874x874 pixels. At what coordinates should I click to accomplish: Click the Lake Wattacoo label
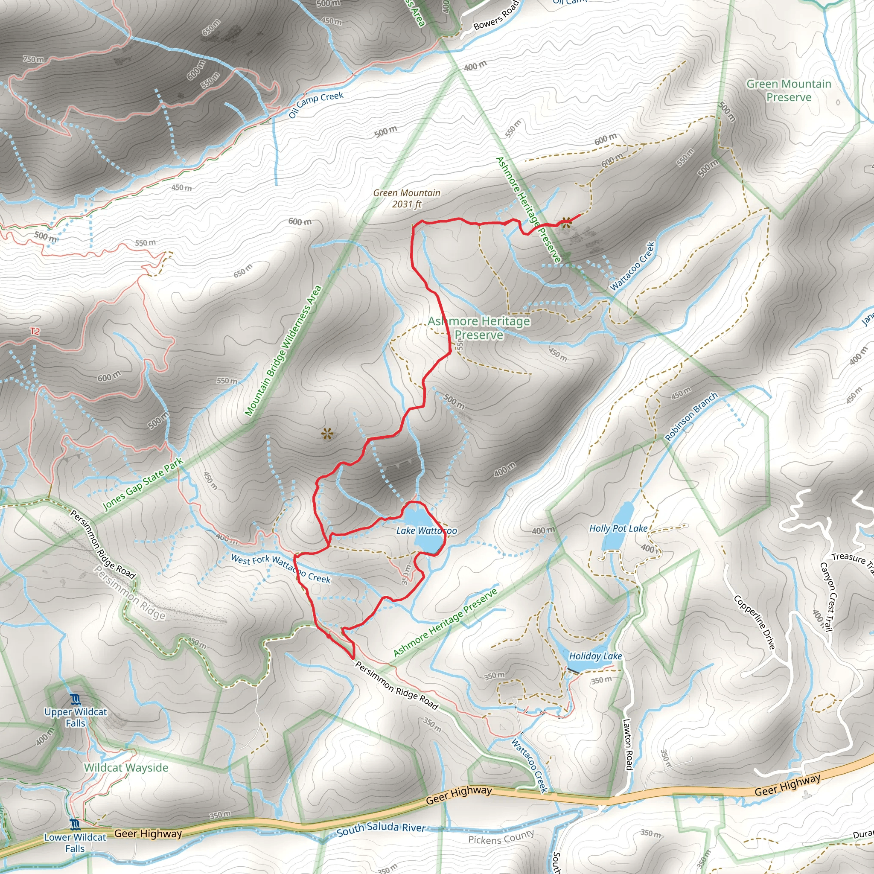pos(426,530)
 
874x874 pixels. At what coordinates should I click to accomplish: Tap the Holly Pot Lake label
pos(618,528)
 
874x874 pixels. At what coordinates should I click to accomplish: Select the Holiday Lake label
pos(595,656)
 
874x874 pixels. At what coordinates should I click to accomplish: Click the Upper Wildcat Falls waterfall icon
pos(76,700)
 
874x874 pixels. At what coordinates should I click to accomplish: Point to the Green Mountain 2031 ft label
pos(407,198)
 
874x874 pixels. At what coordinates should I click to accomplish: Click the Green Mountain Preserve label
pos(789,90)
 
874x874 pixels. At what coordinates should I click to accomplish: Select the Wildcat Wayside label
pos(126,768)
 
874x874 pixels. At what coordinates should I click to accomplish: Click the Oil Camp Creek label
pos(316,104)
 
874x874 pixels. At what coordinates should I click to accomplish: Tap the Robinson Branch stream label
pos(691,416)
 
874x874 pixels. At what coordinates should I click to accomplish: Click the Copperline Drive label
pos(754,623)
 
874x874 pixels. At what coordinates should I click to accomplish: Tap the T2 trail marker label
pos(35,331)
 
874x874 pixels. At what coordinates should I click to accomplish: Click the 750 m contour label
pos(33,59)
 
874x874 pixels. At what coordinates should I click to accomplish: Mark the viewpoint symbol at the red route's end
pos(565,221)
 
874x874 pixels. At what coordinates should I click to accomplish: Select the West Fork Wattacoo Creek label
pos(281,568)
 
